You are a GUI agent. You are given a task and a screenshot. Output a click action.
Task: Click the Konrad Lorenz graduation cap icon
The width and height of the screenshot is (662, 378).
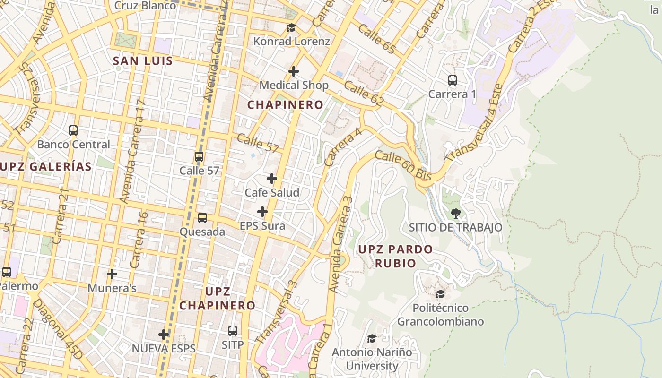[x=291, y=28]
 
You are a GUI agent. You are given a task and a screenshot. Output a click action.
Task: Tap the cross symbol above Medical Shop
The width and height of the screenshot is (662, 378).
[x=294, y=71]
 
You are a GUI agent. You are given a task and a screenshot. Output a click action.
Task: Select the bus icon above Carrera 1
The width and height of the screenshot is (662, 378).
[x=453, y=80]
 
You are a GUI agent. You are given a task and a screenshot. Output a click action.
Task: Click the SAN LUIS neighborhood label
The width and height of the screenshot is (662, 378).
[x=143, y=61]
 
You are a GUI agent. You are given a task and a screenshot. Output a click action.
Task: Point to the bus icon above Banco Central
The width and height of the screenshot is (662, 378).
[x=73, y=130]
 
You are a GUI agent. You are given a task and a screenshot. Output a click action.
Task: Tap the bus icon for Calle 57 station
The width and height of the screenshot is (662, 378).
[x=199, y=157]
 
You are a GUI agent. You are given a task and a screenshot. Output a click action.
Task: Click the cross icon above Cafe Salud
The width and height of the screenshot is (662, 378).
[x=272, y=179]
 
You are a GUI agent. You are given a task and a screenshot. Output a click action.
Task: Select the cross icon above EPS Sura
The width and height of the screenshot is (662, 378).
[x=262, y=212]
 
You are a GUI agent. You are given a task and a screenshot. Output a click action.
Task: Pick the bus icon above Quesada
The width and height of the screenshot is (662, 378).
[x=202, y=218]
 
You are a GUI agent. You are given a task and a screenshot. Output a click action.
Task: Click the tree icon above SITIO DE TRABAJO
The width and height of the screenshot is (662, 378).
[x=456, y=214]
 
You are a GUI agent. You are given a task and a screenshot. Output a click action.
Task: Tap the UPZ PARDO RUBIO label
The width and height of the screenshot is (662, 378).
[x=395, y=256]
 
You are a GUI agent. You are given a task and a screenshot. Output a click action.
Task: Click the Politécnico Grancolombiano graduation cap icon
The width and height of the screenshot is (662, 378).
[x=440, y=294]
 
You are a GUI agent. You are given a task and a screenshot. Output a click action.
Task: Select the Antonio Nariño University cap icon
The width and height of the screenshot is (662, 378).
[x=372, y=339]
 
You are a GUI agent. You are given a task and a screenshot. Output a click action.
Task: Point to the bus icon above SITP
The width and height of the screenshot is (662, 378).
[x=233, y=331]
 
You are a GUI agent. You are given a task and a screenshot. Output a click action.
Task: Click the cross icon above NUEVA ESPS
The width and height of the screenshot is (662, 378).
[x=164, y=335]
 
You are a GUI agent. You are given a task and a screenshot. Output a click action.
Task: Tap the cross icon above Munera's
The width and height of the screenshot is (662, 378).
[x=112, y=274]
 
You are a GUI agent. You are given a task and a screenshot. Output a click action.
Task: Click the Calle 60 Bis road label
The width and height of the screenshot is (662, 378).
[x=403, y=165]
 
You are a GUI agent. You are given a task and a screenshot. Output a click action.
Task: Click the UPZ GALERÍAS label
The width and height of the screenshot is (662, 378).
[x=46, y=166]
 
